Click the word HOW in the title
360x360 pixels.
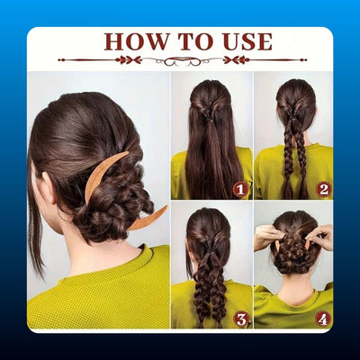coord(137,41)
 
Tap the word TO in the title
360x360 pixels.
coord(196,41)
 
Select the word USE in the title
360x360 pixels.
coord(247,41)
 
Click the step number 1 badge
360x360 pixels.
coord(240,190)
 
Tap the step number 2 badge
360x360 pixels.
coord(323,189)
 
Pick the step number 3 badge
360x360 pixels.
coord(241,319)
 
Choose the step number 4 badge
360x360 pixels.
coord(323,319)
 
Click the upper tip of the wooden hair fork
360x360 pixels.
coord(128,152)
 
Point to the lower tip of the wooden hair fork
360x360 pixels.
coord(166,207)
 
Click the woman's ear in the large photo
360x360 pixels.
coord(49,188)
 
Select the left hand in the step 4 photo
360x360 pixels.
coord(268,237)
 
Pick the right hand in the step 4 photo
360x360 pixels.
coord(320,237)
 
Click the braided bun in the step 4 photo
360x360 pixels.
coord(294,252)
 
